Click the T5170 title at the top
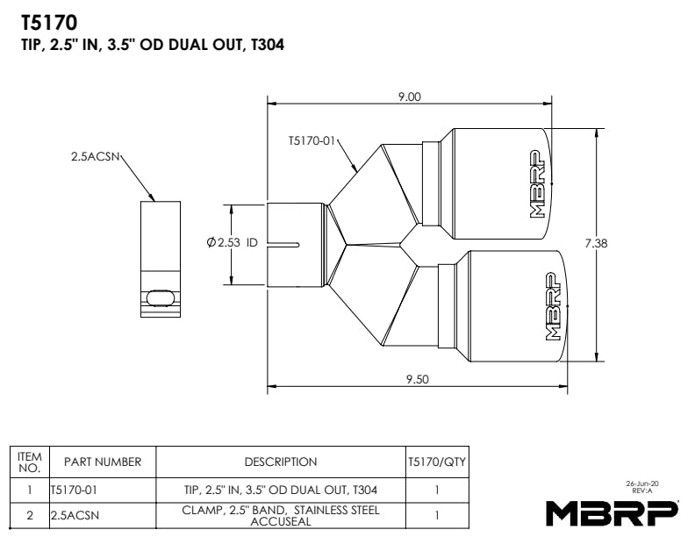49,23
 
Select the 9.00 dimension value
409,97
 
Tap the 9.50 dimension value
418,379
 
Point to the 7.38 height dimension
596,243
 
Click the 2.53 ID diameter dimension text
233,242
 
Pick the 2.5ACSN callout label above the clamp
96,156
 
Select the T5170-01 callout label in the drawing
312,141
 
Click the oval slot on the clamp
161,297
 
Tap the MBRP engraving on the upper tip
537,184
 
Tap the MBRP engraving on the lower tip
553,306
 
